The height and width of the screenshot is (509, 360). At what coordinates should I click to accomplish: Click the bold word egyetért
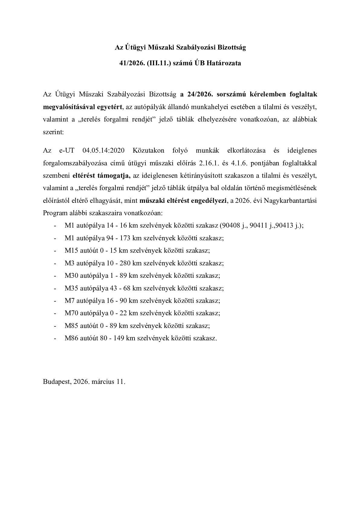click(109, 107)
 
